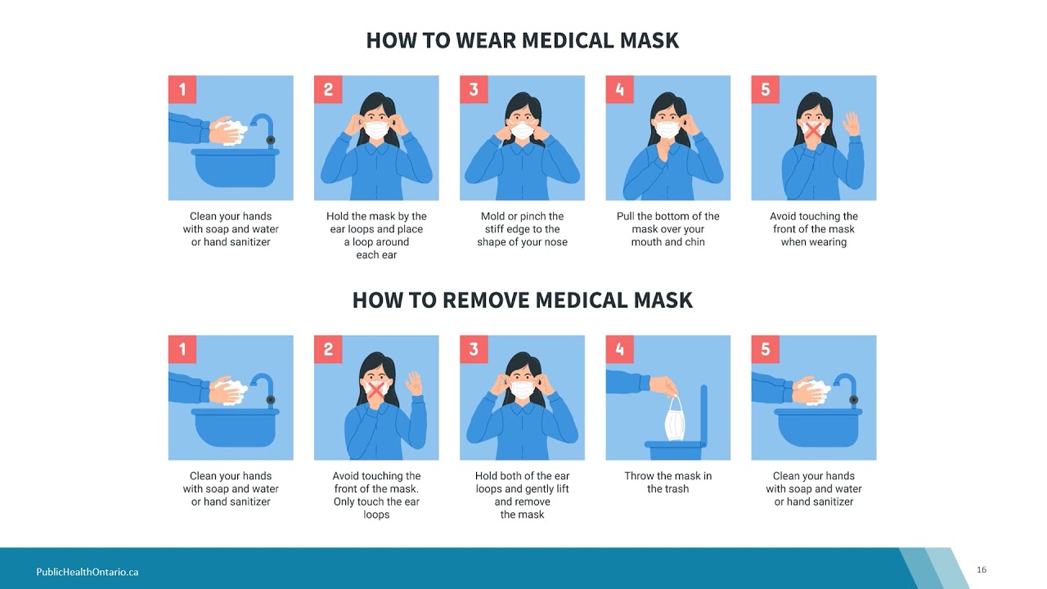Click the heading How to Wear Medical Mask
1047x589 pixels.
[x=522, y=40]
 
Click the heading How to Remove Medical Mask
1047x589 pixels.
[x=522, y=300]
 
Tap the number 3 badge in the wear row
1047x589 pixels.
[x=474, y=89]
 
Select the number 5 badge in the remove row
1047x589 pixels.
[x=765, y=349]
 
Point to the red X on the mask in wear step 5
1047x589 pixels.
[x=813, y=129]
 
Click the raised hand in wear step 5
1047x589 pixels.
[x=852, y=124]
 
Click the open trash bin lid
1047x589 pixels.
[x=704, y=414]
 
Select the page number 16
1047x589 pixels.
[x=982, y=569]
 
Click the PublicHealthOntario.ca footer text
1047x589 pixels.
[x=88, y=572]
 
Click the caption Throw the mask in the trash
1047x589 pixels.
[x=668, y=483]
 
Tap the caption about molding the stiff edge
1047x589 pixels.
[x=522, y=229]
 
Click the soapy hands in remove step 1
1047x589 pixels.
[x=227, y=392]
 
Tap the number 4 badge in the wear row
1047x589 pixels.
[x=619, y=89]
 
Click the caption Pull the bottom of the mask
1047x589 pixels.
[x=668, y=229]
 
